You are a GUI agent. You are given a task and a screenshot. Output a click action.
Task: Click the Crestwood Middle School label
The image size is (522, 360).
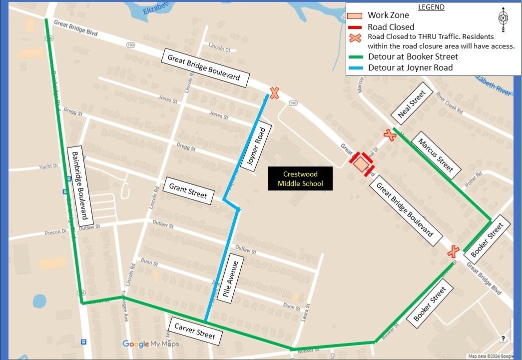point(300,179)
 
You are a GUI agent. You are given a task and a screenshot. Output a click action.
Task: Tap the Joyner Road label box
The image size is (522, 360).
point(255,146)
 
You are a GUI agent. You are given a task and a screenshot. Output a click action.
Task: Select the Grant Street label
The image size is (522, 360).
point(188,190)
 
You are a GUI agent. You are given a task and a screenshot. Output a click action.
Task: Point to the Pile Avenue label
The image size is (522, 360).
point(233,278)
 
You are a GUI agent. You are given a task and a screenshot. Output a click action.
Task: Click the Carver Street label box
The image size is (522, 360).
point(194,331)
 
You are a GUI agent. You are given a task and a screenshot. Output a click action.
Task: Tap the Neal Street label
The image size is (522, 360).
point(415,104)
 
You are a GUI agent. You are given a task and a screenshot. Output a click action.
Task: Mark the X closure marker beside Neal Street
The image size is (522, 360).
point(390,134)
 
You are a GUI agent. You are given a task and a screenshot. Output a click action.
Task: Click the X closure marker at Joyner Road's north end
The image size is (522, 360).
point(274,93)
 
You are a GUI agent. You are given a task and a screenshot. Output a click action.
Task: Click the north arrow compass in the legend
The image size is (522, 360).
point(503,19)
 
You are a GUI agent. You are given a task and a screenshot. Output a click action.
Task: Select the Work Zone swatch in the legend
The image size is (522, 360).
point(355,15)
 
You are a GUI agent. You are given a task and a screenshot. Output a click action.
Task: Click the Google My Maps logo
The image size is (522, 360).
point(150,344)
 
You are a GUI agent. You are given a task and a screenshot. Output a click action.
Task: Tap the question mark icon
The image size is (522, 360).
point(503,338)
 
